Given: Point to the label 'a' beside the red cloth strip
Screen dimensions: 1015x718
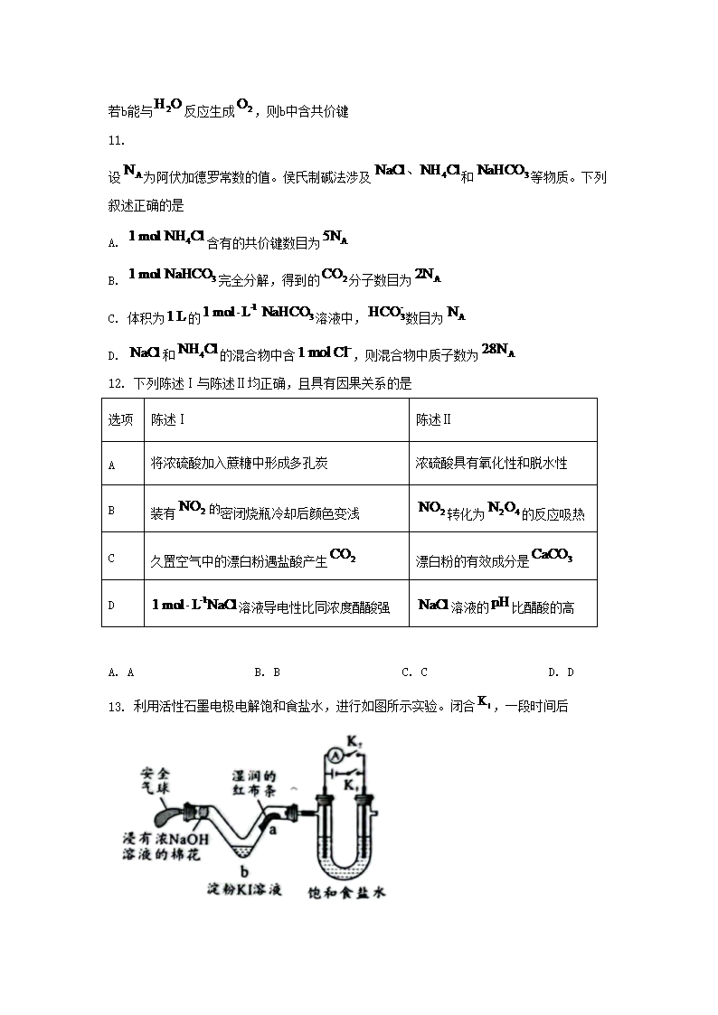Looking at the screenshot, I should click(271, 830).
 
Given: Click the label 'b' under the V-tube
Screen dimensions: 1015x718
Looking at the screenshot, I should click(243, 869).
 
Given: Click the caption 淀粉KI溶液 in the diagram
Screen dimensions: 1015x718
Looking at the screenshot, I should click(242, 890).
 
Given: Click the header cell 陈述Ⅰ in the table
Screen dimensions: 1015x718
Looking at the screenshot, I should click(168, 419).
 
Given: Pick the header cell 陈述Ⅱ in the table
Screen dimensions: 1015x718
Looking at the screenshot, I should click(433, 419).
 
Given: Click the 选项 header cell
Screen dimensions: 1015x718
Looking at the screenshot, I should click(121, 419).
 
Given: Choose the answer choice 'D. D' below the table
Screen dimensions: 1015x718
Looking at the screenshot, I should click(562, 672).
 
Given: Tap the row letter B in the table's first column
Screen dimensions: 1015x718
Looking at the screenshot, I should click(111, 511).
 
